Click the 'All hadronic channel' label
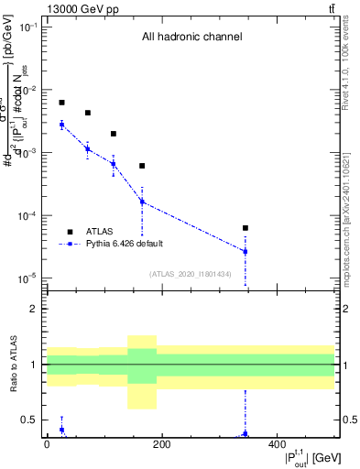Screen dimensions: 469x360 click(x=191, y=38)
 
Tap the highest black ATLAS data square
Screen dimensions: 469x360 click(x=61, y=103)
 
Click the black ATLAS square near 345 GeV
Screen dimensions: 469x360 click(x=245, y=227)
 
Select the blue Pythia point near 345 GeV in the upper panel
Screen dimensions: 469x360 click(x=245, y=251)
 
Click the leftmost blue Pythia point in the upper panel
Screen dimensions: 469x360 click(x=61, y=125)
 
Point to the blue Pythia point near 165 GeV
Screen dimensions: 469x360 click(x=142, y=202)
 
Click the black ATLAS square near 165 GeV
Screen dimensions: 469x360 click(x=142, y=166)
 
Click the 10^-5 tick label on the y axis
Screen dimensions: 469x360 click(x=28, y=278)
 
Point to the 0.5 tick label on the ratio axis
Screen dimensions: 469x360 click(x=30, y=420)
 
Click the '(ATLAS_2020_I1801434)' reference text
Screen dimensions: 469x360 click(x=191, y=274)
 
